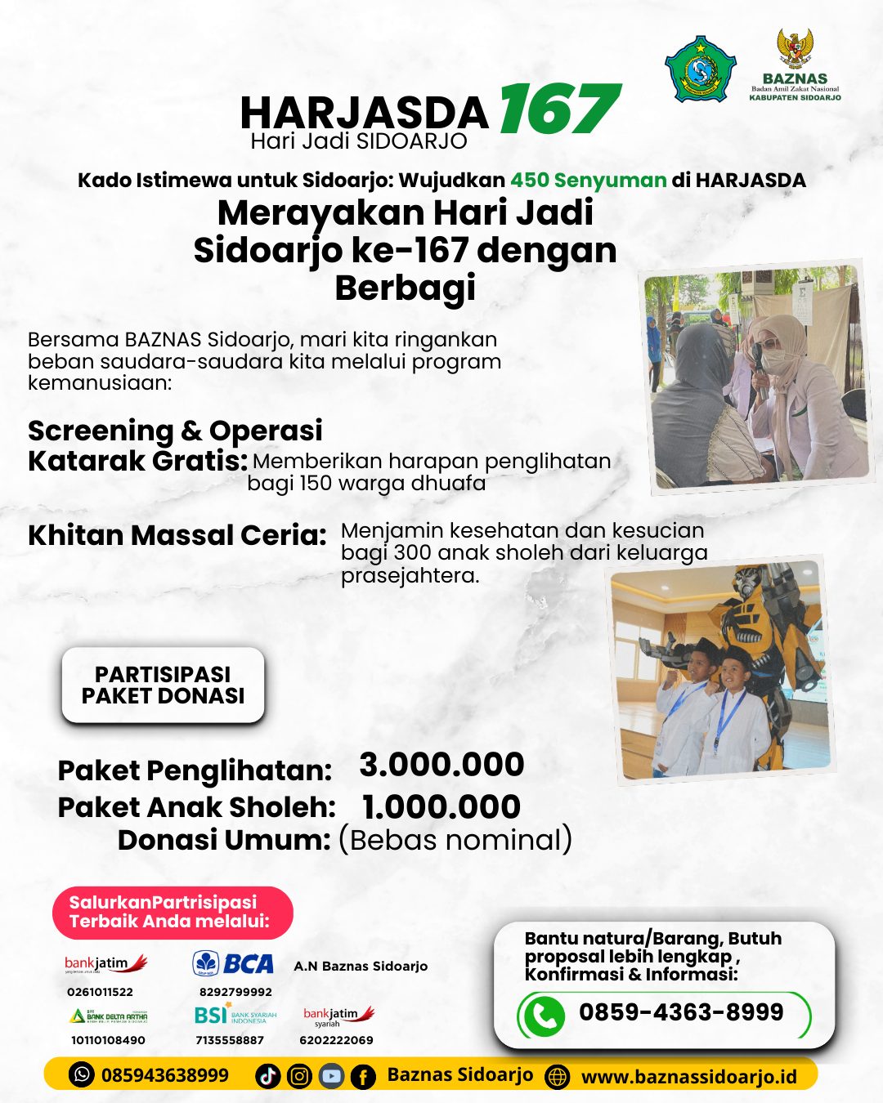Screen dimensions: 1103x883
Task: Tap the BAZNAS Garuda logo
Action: [795, 50]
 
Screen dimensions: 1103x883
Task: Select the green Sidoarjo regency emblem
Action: [700, 69]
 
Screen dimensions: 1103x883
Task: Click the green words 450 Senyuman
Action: [589, 181]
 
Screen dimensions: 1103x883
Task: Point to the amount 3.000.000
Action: [441, 765]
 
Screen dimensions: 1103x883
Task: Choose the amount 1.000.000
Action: [441, 807]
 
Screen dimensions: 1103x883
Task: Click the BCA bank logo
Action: [233, 964]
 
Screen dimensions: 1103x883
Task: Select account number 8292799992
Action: [235, 992]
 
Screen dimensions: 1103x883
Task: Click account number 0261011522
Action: [100, 992]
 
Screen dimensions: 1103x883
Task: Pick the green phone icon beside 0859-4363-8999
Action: [544, 1016]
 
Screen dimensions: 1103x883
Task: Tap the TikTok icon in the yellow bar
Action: [267, 1076]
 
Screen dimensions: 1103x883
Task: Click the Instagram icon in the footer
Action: [299, 1076]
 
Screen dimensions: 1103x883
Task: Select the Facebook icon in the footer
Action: [363, 1076]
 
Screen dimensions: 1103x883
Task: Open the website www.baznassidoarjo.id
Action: [688, 1077]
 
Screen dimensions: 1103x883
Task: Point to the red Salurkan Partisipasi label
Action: [172, 912]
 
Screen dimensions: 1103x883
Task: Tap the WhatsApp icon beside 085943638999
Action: [82, 1074]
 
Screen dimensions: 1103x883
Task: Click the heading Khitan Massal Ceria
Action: [177, 536]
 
